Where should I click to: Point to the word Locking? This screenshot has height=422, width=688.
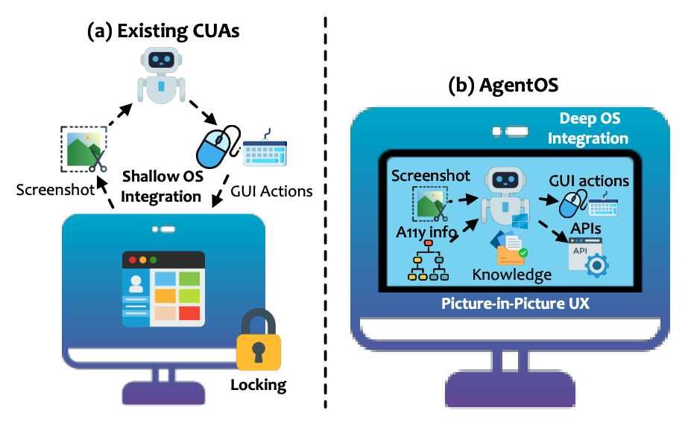258,384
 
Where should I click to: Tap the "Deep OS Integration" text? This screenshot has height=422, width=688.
595,128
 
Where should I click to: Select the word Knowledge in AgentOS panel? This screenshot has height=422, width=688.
512,274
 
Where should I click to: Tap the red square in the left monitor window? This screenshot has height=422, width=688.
190,313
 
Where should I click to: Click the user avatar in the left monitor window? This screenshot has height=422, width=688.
136,284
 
